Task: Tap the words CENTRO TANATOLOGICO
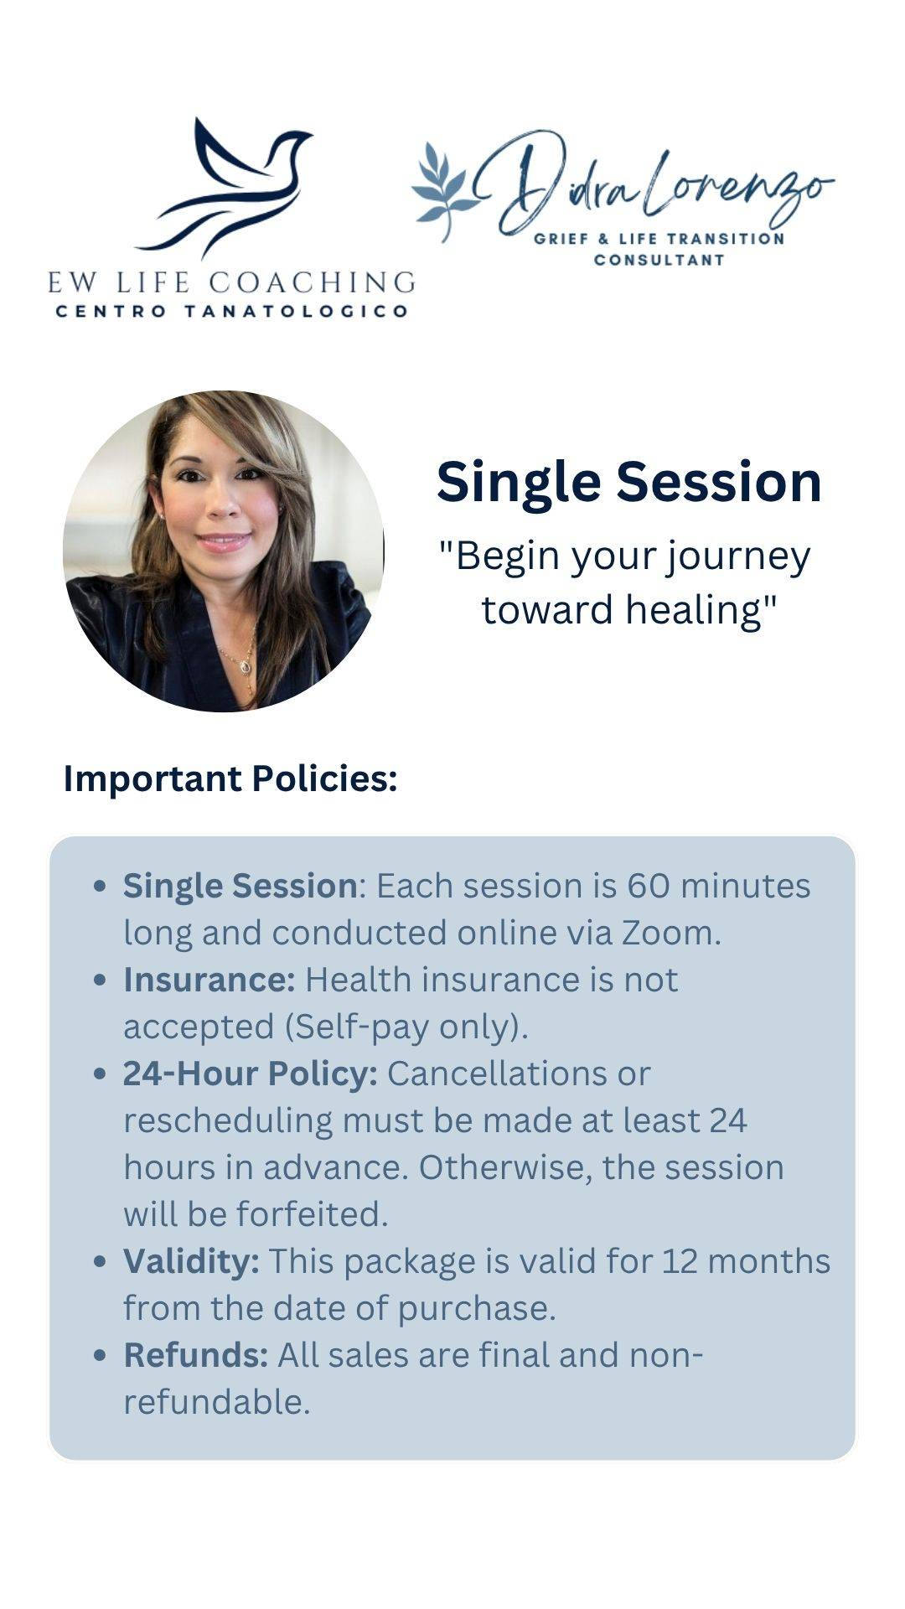[x=231, y=312]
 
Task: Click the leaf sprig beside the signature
[x=442, y=191]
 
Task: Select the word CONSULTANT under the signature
[x=659, y=260]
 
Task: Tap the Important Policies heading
[x=230, y=779]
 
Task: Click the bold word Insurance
[x=209, y=980]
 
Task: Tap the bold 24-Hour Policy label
[x=251, y=1074]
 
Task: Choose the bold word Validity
[x=191, y=1261]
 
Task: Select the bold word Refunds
[x=196, y=1355]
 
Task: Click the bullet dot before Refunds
[x=101, y=1356]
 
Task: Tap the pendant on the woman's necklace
[x=245, y=667]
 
